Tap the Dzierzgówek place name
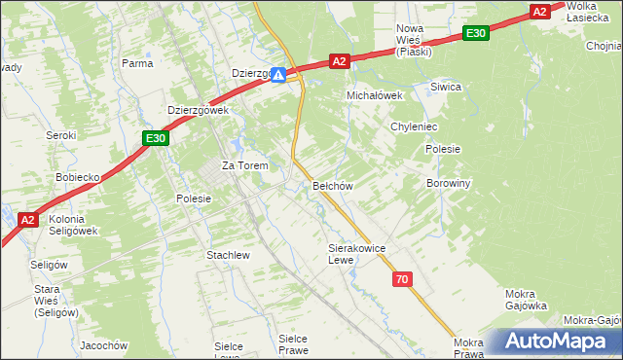tap(198, 111)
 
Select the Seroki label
tap(61, 135)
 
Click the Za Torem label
tap(244, 165)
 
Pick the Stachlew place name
tap(229, 255)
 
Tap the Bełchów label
tap(331, 185)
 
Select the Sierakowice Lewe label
tap(357, 254)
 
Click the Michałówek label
tap(376, 95)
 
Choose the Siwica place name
tap(446, 87)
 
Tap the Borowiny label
tap(449, 182)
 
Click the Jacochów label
tap(104, 345)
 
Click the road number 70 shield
tap(403, 280)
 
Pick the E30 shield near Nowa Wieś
tap(475, 33)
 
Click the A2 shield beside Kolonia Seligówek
tap(28, 220)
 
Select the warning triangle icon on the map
tap(278, 74)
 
